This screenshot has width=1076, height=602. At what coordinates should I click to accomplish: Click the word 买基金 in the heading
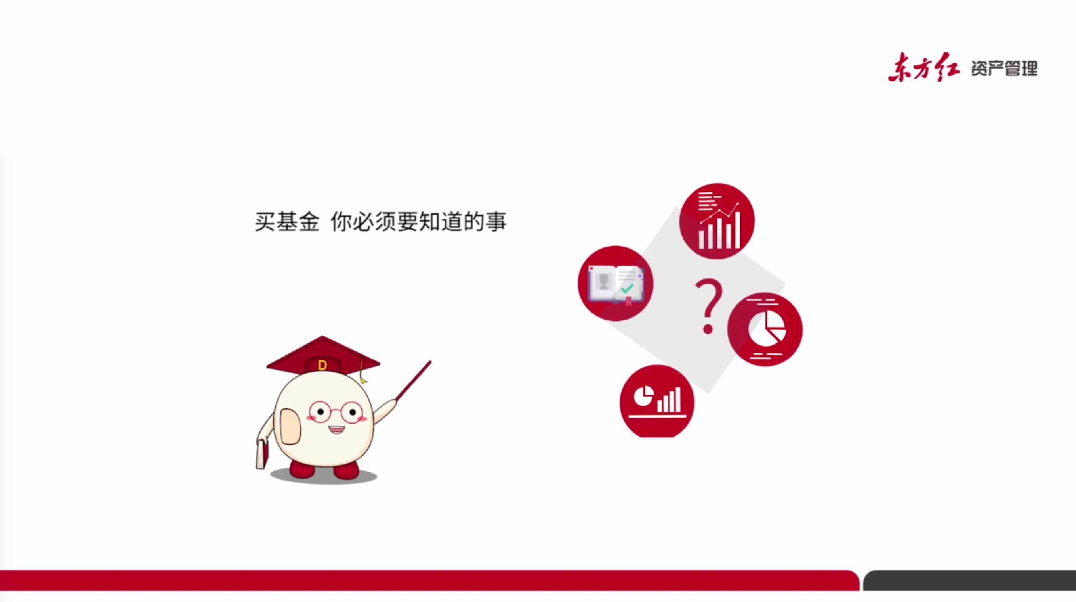pyautogui.click(x=287, y=222)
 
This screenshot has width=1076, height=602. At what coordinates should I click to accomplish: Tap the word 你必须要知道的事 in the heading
pyautogui.click(x=418, y=222)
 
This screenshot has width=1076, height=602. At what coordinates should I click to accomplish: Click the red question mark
pyautogui.click(x=709, y=307)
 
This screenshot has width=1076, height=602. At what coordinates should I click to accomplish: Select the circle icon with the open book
pyautogui.click(x=615, y=284)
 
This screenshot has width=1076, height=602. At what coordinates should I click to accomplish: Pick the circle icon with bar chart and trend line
pyautogui.click(x=717, y=221)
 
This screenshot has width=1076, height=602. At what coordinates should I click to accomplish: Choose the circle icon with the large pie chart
pyautogui.click(x=765, y=330)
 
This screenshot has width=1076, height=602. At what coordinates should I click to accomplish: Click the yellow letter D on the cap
pyautogui.click(x=322, y=366)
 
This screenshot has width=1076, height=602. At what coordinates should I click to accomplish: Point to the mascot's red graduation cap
pyautogui.click(x=323, y=355)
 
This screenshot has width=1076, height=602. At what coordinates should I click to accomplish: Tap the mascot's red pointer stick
pyautogui.click(x=413, y=380)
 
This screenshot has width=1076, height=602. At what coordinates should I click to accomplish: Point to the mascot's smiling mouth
pyautogui.click(x=336, y=429)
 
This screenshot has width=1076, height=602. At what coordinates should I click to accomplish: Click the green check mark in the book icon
pyautogui.click(x=627, y=288)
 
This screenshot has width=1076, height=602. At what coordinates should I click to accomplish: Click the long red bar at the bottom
pyautogui.click(x=429, y=580)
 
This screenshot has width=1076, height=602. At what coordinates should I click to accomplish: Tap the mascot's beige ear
pyautogui.click(x=290, y=426)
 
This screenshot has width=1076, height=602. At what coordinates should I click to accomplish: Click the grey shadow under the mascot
pyautogui.click(x=324, y=476)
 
